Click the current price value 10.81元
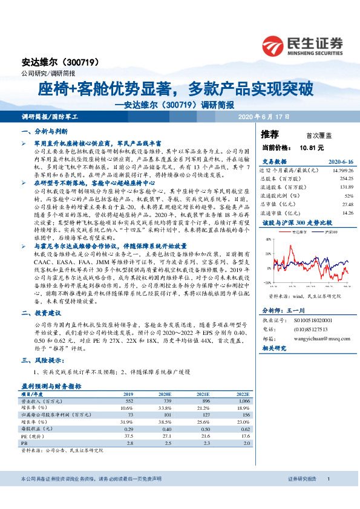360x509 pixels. tap(312, 147)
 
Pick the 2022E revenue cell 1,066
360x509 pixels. tap(243, 400)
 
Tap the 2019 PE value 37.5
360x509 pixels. tap(127, 435)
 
